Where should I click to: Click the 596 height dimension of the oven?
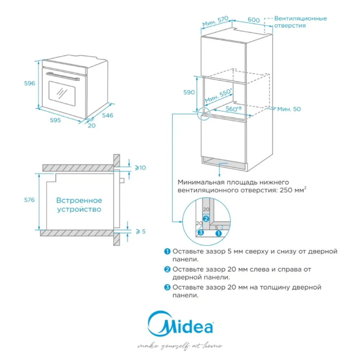[x=30, y=83]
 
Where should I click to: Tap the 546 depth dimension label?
[x=107, y=115]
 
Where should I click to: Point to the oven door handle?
[x=63, y=76]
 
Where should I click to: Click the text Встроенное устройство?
[x=79, y=204]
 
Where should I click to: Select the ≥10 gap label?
[x=140, y=167]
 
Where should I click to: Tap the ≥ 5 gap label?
[x=140, y=231]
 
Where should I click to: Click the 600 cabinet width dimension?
[x=254, y=20]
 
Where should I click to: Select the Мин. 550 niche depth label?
[x=218, y=95]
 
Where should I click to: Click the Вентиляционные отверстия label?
[x=300, y=22]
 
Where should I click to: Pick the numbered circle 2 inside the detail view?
[x=206, y=219]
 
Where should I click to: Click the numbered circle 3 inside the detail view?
[x=201, y=233]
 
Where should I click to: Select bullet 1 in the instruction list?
[x=167, y=251]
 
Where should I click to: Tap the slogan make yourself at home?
[x=180, y=346]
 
